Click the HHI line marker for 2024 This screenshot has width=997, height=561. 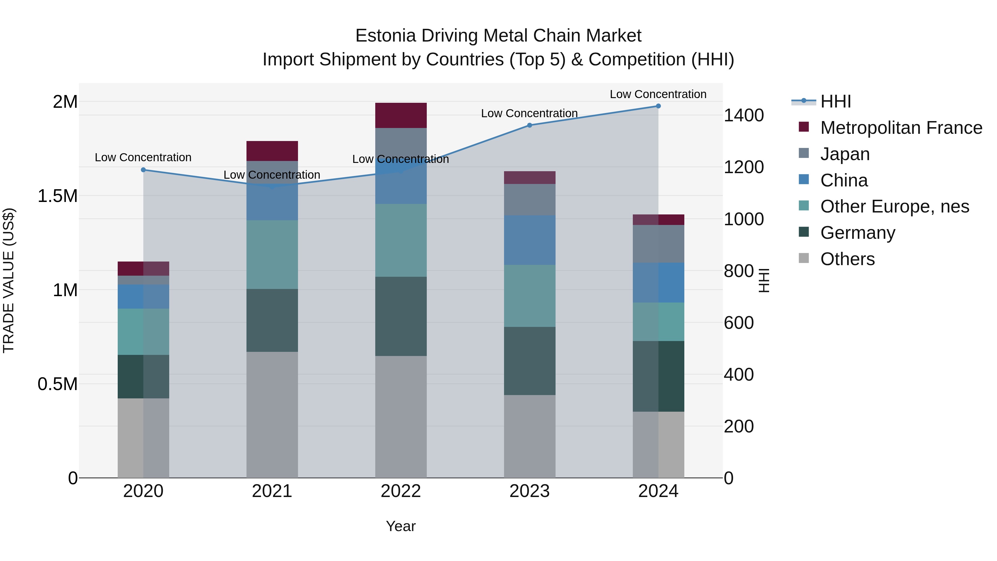tap(658, 106)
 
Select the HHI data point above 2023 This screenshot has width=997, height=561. tap(530, 125)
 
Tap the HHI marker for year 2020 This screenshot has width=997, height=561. tap(143, 170)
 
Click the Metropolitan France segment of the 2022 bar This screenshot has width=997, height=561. tap(401, 115)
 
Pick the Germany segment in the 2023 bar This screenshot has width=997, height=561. tap(530, 361)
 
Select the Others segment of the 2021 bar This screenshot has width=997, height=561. tap(272, 414)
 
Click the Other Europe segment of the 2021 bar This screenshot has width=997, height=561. tap(272, 254)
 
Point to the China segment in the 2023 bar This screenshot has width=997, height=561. tap(530, 240)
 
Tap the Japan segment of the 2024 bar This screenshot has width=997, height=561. tap(658, 244)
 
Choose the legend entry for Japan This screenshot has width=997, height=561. tap(845, 154)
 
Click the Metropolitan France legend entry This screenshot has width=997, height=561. tap(901, 128)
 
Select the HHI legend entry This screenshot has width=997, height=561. tap(835, 101)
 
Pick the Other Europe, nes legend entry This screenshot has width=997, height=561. tap(895, 206)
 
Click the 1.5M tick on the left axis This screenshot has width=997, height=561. tap(58, 196)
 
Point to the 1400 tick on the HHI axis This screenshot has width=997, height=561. tap(743, 115)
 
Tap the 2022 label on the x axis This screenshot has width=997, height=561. tap(401, 491)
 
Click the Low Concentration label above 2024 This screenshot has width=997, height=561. tap(658, 94)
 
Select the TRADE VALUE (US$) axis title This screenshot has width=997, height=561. tap(9, 280)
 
